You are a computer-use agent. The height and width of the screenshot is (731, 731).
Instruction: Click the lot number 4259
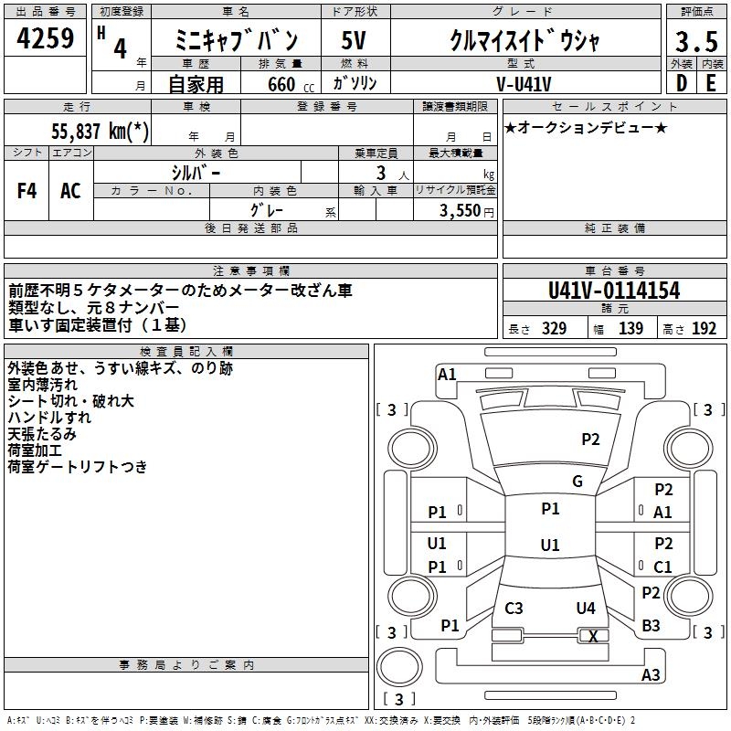[46, 40]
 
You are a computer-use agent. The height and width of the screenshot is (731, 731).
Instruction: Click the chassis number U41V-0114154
[614, 291]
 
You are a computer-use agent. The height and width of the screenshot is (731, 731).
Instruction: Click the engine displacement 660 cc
[285, 85]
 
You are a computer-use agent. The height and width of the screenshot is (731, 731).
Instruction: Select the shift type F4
[27, 190]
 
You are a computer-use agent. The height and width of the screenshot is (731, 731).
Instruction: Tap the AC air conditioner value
[70, 190]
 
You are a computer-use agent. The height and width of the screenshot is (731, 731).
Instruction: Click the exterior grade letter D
[681, 83]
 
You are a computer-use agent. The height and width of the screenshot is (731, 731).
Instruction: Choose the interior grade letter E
[711, 83]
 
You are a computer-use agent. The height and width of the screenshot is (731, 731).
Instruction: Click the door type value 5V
[355, 41]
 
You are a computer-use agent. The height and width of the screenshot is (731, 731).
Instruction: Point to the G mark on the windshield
[577, 482]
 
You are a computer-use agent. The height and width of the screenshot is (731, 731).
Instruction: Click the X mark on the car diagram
[593, 637]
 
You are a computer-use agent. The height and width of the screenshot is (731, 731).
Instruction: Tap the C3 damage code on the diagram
[514, 609]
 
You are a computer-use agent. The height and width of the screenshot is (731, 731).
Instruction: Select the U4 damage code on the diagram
[586, 609]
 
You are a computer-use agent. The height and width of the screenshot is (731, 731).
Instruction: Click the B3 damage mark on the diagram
[651, 626]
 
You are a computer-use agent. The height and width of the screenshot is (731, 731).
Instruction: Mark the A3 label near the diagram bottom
[651, 675]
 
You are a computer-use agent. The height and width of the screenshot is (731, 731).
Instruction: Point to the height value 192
[705, 329]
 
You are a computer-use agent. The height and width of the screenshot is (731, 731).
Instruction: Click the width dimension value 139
[631, 329]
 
